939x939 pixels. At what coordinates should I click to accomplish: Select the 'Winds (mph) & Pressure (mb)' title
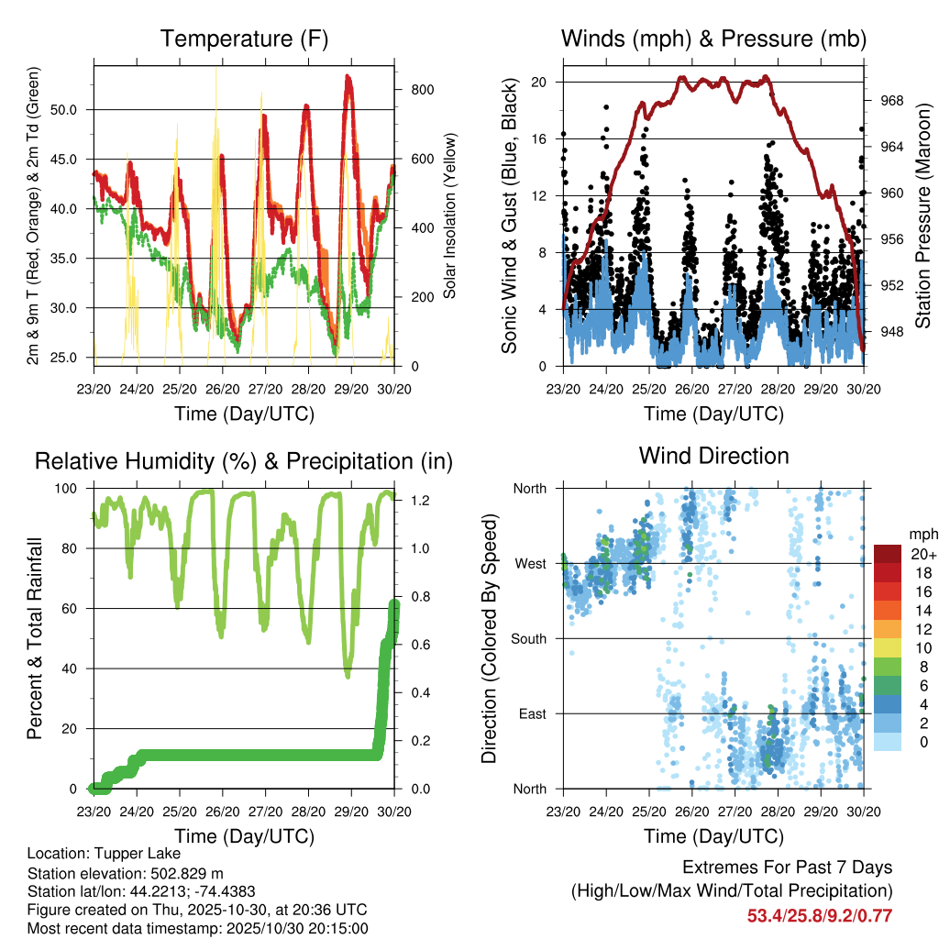point(713,39)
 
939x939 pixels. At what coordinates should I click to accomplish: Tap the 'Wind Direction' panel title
point(713,456)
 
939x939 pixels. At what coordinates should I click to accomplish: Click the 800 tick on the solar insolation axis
point(422,89)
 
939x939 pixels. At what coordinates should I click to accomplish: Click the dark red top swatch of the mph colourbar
point(888,553)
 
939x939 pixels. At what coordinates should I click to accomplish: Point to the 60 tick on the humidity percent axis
point(73,608)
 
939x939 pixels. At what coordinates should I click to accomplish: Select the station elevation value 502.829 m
point(192,872)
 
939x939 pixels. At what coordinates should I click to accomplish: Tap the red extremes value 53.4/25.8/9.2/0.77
point(819,915)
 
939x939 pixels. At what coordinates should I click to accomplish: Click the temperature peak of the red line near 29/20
point(348,77)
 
